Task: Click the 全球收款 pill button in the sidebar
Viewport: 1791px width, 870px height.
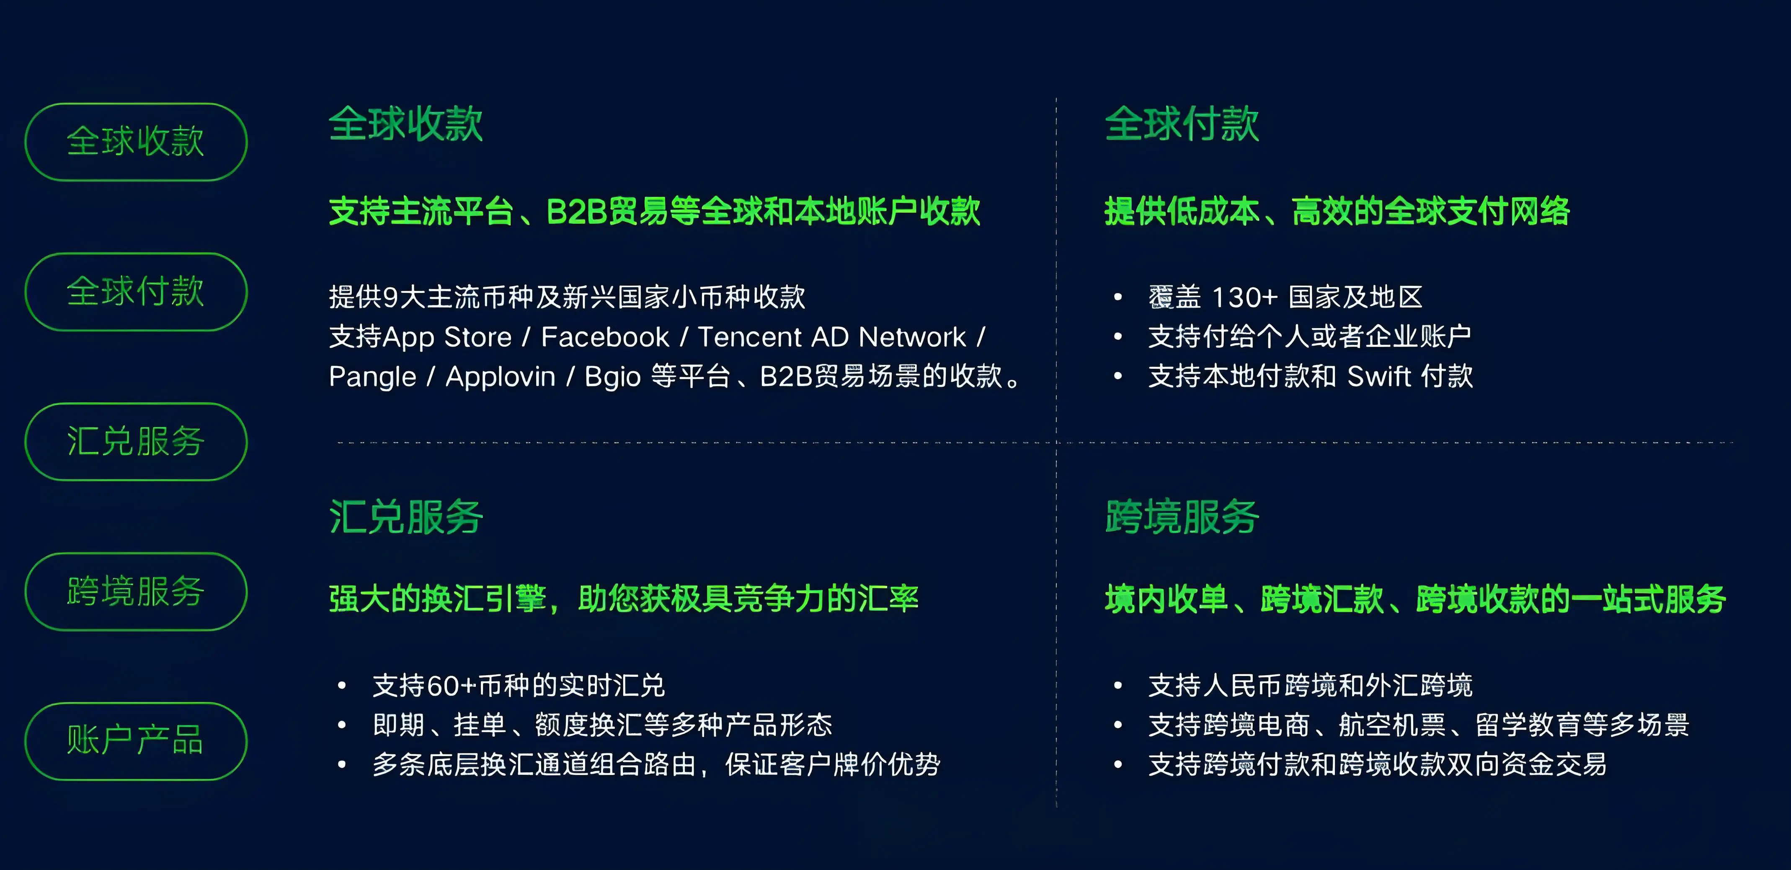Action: tap(136, 142)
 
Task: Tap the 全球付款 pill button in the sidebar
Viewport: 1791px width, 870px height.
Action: tap(136, 291)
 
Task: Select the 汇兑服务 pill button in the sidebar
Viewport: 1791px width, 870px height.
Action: tap(136, 442)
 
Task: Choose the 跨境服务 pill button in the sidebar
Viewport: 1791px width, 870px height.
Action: tap(136, 592)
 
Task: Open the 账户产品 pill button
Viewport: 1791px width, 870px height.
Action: tap(136, 741)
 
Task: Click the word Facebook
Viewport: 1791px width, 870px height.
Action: tap(605, 337)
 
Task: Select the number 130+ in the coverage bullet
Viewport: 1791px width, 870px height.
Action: tap(1244, 298)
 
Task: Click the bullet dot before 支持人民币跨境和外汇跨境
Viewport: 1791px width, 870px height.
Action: tap(1118, 686)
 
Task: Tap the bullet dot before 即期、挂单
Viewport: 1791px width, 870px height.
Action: tap(342, 725)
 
